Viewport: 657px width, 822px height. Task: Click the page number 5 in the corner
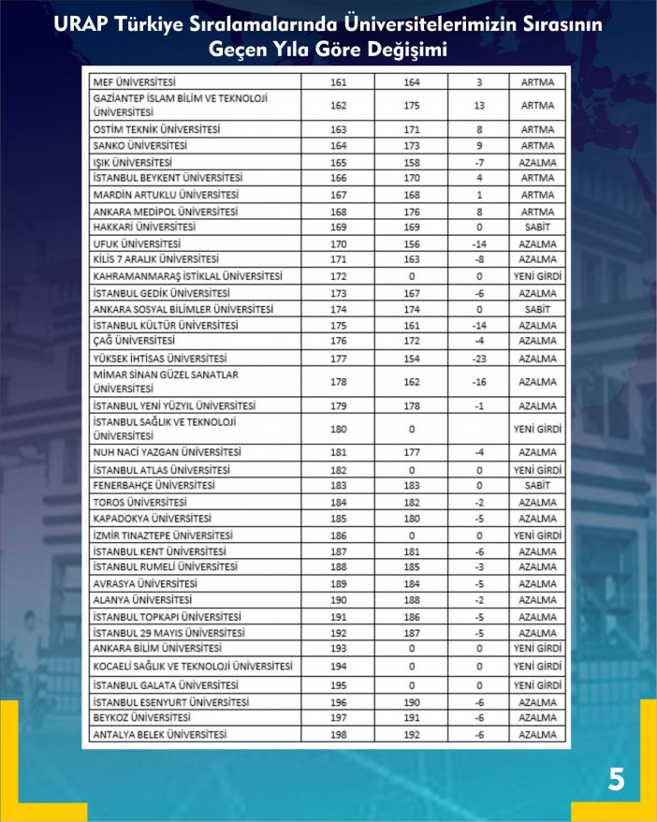616,779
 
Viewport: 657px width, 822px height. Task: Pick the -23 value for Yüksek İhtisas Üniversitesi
478,358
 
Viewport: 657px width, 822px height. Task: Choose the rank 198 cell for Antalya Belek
339,735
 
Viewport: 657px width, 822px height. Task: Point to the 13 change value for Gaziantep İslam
478,106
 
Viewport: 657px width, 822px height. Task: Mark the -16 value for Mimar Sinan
478,382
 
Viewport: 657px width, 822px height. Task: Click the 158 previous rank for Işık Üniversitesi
411,162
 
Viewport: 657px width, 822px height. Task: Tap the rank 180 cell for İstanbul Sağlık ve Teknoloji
339,430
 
